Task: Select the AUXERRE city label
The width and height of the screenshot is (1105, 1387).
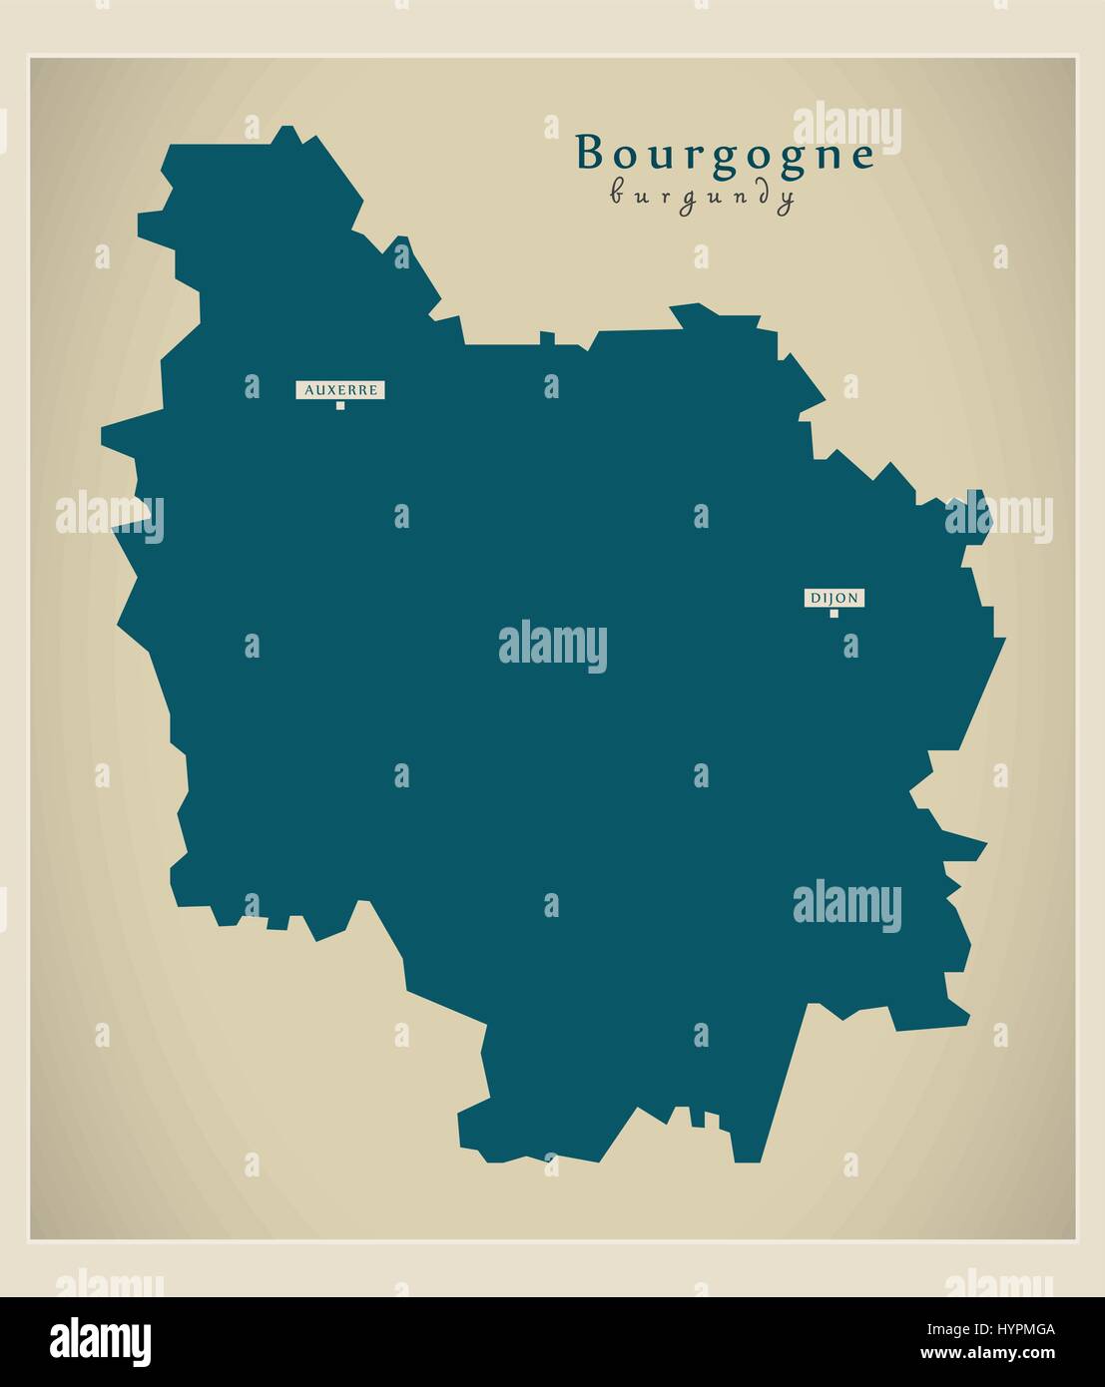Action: (x=340, y=390)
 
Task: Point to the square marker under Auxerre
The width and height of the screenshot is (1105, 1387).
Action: (x=340, y=406)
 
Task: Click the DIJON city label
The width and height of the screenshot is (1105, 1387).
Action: (x=833, y=599)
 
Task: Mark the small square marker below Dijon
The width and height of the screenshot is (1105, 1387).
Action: (x=833, y=614)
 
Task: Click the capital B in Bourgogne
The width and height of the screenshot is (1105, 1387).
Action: (x=590, y=154)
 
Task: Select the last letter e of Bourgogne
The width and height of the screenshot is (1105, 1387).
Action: (x=862, y=157)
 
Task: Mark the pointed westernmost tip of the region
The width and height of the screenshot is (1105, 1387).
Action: (x=103, y=435)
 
